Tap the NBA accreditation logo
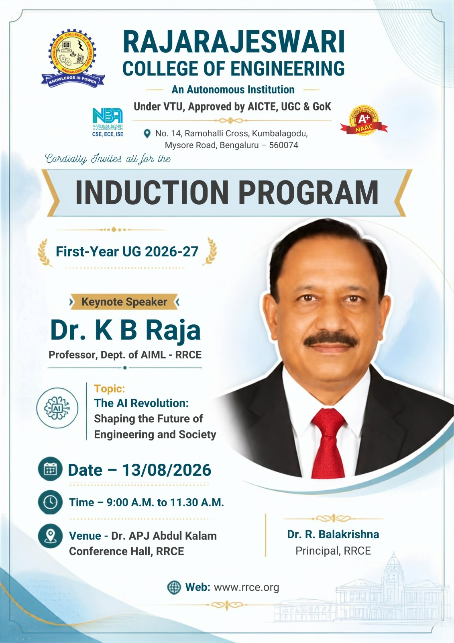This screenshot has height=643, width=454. (108, 122)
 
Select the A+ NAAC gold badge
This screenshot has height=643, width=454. (364, 120)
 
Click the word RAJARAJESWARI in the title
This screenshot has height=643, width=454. (234, 42)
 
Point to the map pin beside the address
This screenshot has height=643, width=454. (147, 133)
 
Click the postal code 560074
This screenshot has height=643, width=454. (284, 145)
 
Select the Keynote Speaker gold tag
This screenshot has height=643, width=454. (124, 302)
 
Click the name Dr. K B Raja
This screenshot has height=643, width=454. (125, 330)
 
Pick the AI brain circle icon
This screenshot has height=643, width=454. (57, 408)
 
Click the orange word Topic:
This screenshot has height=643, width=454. (110, 389)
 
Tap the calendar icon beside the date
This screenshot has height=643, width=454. (50, 469)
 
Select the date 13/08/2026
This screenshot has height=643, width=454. (167, 470)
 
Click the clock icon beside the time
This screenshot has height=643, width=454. (50, 502)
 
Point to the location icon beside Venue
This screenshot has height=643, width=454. (50, 536)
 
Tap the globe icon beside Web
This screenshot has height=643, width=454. (174, 587)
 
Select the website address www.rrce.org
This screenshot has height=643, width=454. (246, 588)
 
